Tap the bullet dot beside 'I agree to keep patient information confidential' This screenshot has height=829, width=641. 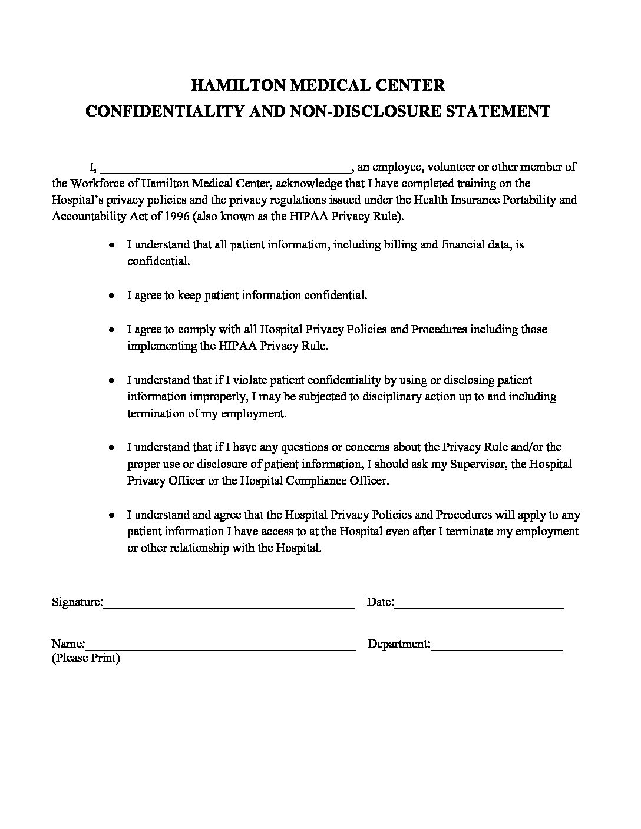click(111, 296)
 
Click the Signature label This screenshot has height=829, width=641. click(77, 602)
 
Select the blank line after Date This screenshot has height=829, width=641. click(479, 605)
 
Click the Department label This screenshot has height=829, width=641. click(398, 644)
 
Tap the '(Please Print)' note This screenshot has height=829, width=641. click(86, 658)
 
